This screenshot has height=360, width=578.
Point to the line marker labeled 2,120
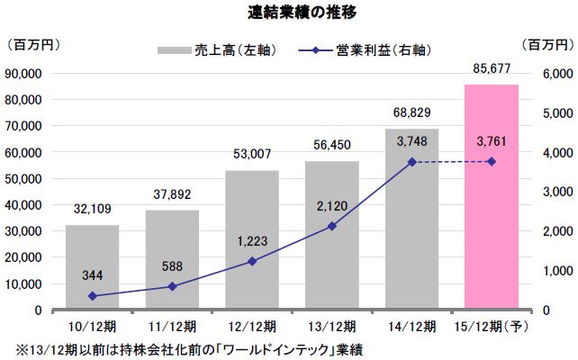[x=331, y=226]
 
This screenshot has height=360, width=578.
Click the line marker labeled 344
[x=91, y=296]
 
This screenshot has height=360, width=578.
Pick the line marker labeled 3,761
[x=491, y=161]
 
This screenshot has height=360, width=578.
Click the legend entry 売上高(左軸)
[x=225, y=49]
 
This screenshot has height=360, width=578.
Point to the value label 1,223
[x=251, y=242]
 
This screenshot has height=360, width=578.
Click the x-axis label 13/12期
[x=331, y=324]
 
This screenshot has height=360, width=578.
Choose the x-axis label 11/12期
[x=171, y=324]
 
